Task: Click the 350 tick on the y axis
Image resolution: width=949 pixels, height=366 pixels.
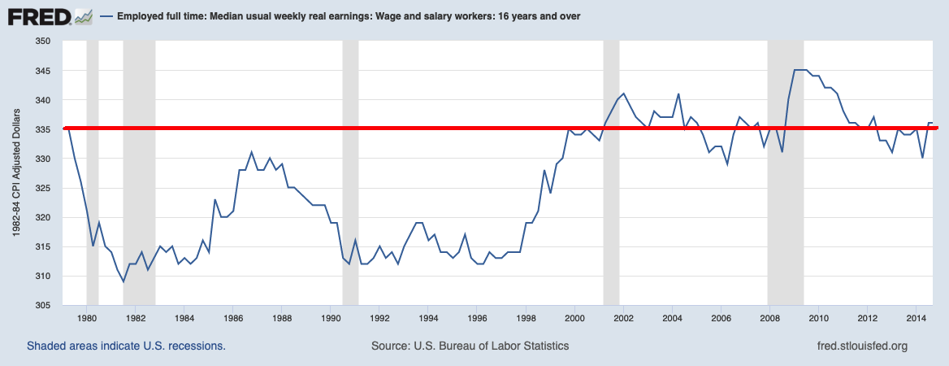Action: coord(42,41)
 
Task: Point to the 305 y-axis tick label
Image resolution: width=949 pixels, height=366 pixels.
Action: coord(42,306)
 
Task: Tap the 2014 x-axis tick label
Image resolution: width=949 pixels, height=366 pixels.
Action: coord(916,317)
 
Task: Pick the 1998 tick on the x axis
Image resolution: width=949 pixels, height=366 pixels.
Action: coord(526,317)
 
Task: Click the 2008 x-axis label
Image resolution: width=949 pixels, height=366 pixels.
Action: coord(770,317)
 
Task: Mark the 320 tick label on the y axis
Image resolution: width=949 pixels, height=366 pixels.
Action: coord(42,218)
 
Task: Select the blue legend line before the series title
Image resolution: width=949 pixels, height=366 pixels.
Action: coord(106,16)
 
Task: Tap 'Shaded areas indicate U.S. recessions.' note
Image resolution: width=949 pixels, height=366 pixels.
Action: coord(126,346)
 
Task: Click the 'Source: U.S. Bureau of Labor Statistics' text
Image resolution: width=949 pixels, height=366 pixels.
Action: coord(470,346)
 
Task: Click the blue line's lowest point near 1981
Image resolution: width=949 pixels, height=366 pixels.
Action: coord(123,281)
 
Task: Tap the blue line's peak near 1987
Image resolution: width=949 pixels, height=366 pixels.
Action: coord(252,152)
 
